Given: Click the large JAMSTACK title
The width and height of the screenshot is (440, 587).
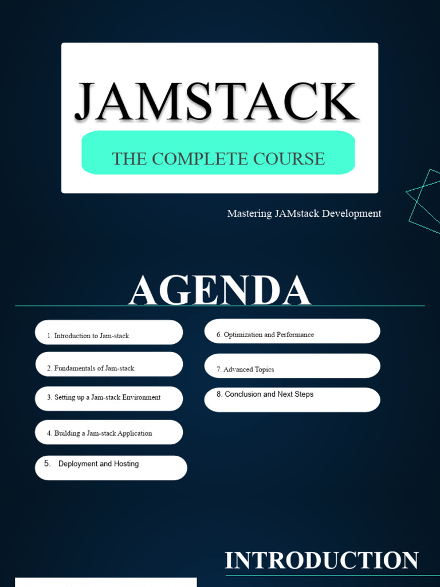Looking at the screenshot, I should click(217, 102).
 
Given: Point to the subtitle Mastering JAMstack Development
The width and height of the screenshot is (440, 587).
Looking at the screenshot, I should click(304, 214).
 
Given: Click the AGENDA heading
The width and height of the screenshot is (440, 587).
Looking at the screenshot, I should click(219, 291).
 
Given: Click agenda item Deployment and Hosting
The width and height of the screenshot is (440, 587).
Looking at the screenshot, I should click(99, 464).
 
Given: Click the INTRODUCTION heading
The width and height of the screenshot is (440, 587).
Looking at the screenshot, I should click(321, 561).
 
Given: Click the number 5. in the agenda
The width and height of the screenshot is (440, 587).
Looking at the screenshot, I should click(48, 464).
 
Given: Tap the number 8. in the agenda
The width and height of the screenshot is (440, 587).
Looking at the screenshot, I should click(219, 394).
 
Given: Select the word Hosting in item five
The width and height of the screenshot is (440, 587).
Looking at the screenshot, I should click(126, 464).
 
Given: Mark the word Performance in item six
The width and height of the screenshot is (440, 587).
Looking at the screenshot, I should click(295, 335).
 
